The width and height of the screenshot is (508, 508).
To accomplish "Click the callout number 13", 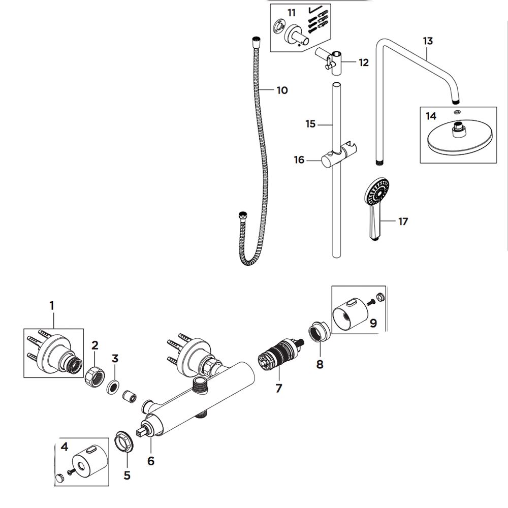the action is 428,42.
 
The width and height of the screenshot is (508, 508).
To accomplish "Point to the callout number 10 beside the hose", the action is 282,90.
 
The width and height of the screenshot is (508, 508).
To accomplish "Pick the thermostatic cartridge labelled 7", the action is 280,356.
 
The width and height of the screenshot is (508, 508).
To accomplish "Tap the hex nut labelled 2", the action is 95,375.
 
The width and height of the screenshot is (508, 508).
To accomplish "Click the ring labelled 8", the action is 319,332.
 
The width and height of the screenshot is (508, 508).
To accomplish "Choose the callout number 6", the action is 151,461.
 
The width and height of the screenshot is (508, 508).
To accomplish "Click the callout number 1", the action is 52,305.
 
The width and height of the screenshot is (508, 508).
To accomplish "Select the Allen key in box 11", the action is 314,10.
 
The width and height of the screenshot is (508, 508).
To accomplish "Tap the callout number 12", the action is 364,62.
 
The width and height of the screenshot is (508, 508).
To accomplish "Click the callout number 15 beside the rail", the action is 310,124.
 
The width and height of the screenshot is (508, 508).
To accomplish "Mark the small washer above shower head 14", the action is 457,112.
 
